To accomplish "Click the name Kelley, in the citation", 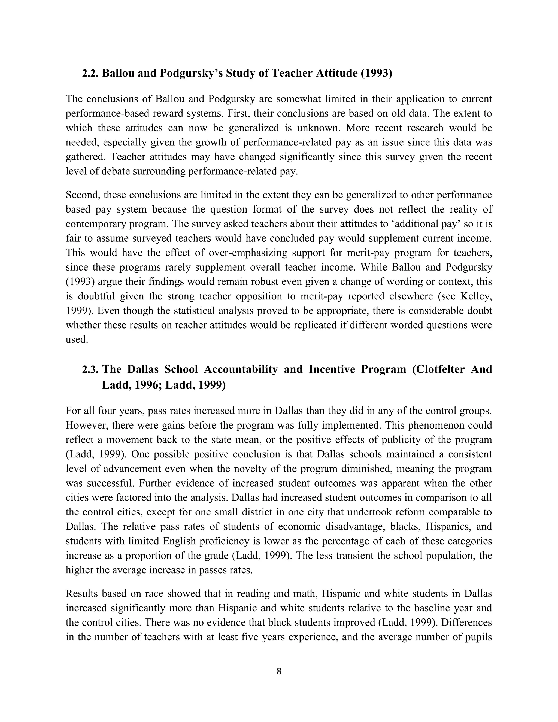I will coord(476,296).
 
